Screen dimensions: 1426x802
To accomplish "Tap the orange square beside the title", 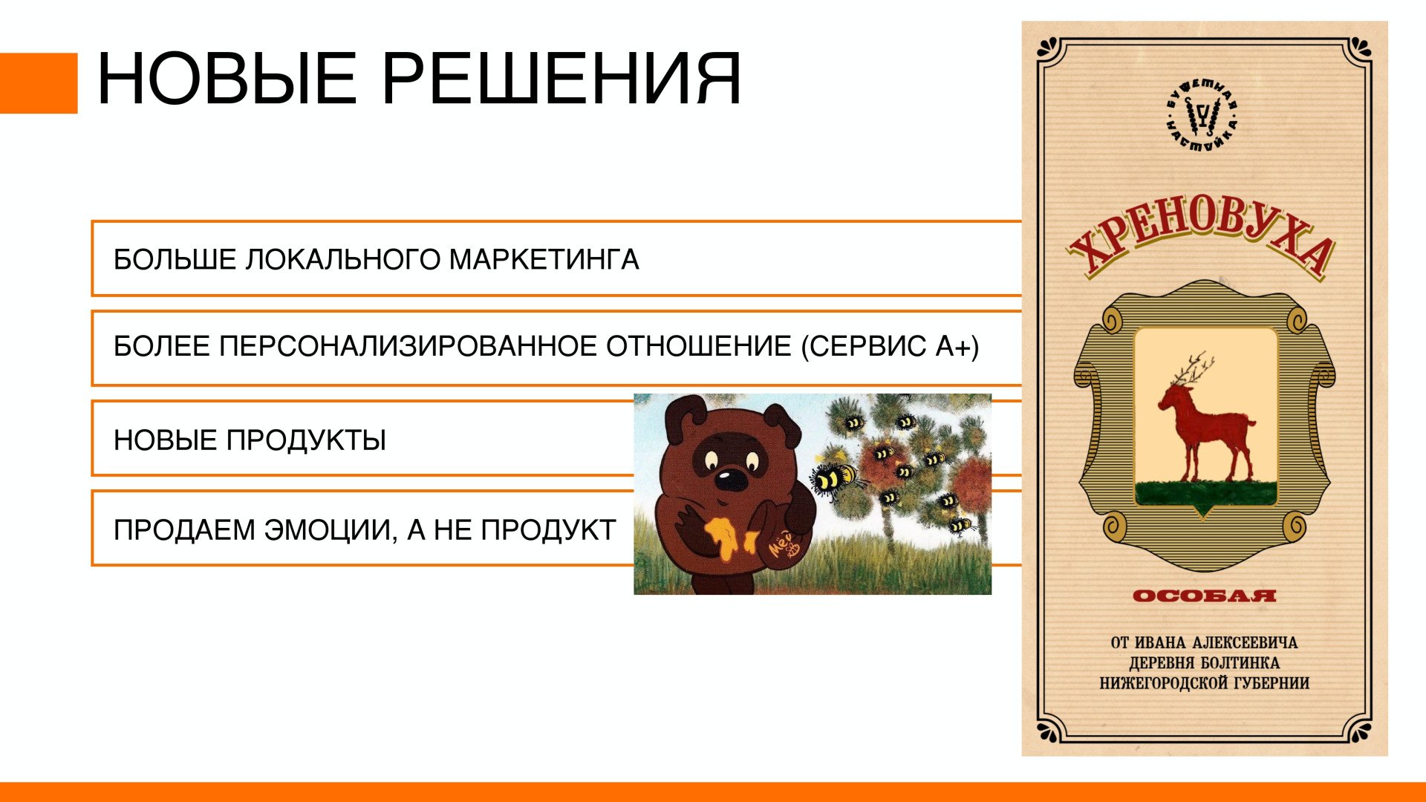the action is pyautogui.click(x=39, y=83).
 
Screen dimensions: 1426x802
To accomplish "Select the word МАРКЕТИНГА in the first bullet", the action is pyautogui.click(x=544, y=260).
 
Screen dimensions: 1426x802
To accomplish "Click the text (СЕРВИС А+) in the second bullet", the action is pyautogui.click(x=890, y=347).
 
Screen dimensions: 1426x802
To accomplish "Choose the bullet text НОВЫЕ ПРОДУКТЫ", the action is pyautogui.click(x=250, y=440).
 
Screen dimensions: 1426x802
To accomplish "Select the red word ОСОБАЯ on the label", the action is pyautogui.click(x=1204, y=596).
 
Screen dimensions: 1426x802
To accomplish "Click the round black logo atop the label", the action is pyautogui.click(x=1202, y=115).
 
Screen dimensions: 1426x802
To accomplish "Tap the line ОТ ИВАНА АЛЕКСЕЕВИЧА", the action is pyautogui.click(x=1204, y=643).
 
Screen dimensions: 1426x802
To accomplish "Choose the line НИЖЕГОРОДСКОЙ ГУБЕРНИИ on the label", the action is pyautogui.click(x=1204, y=683).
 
